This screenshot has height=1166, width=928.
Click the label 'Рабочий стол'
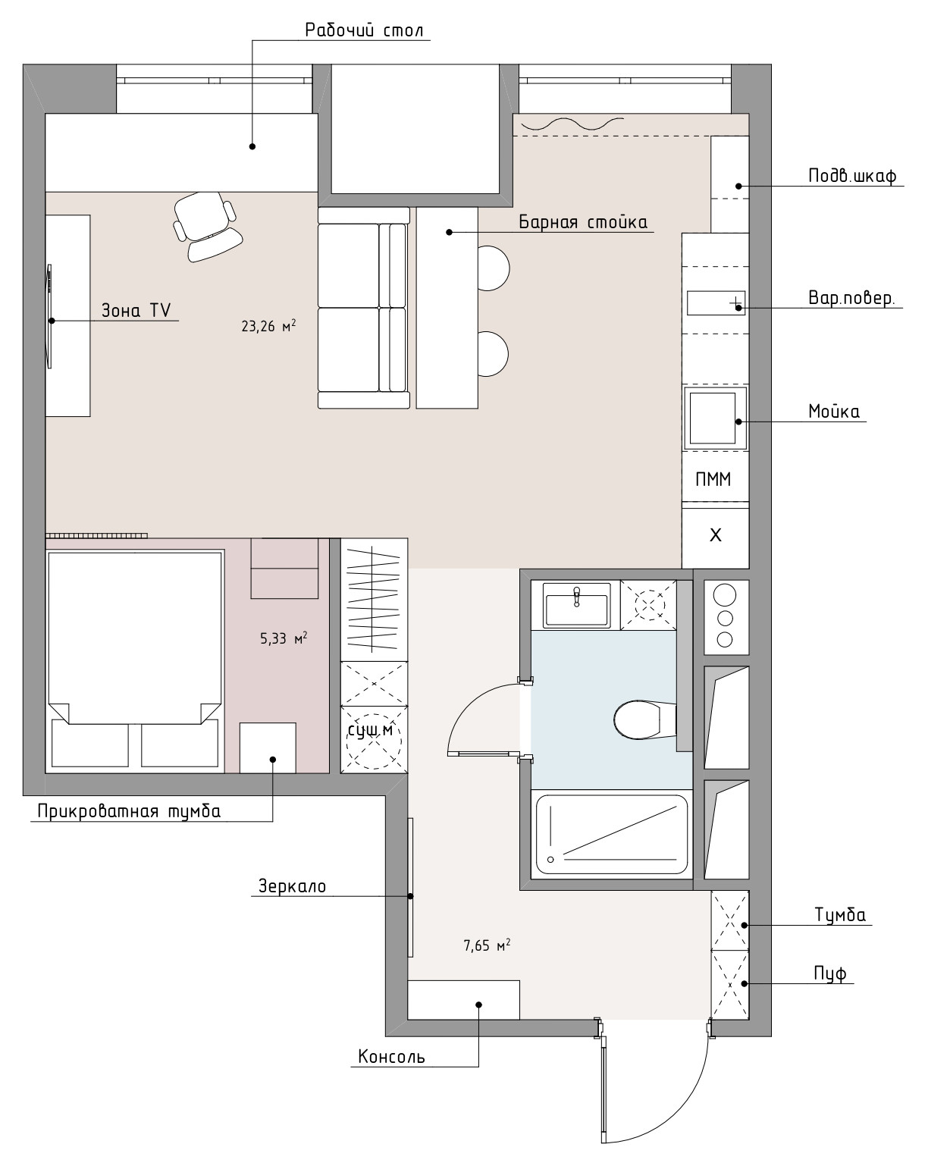point(364,30)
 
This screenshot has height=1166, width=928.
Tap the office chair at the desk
point(207,227)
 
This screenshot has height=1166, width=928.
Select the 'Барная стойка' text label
point(583,222)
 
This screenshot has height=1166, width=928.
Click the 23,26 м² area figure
point(268,326)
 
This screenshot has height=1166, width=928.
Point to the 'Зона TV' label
point(136,311)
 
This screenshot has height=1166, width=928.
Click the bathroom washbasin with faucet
point(576,605)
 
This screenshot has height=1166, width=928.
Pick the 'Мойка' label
point(834,412)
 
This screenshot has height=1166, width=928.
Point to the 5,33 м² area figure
point(284,638)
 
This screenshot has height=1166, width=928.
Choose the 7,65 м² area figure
point(487,945)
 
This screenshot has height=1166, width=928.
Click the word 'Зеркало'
point(292,886)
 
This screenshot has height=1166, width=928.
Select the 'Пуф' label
point(830,973)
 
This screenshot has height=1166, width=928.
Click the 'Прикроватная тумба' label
point(129,811)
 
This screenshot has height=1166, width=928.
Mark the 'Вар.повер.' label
point(851,298)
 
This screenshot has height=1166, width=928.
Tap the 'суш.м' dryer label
point(370,730)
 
